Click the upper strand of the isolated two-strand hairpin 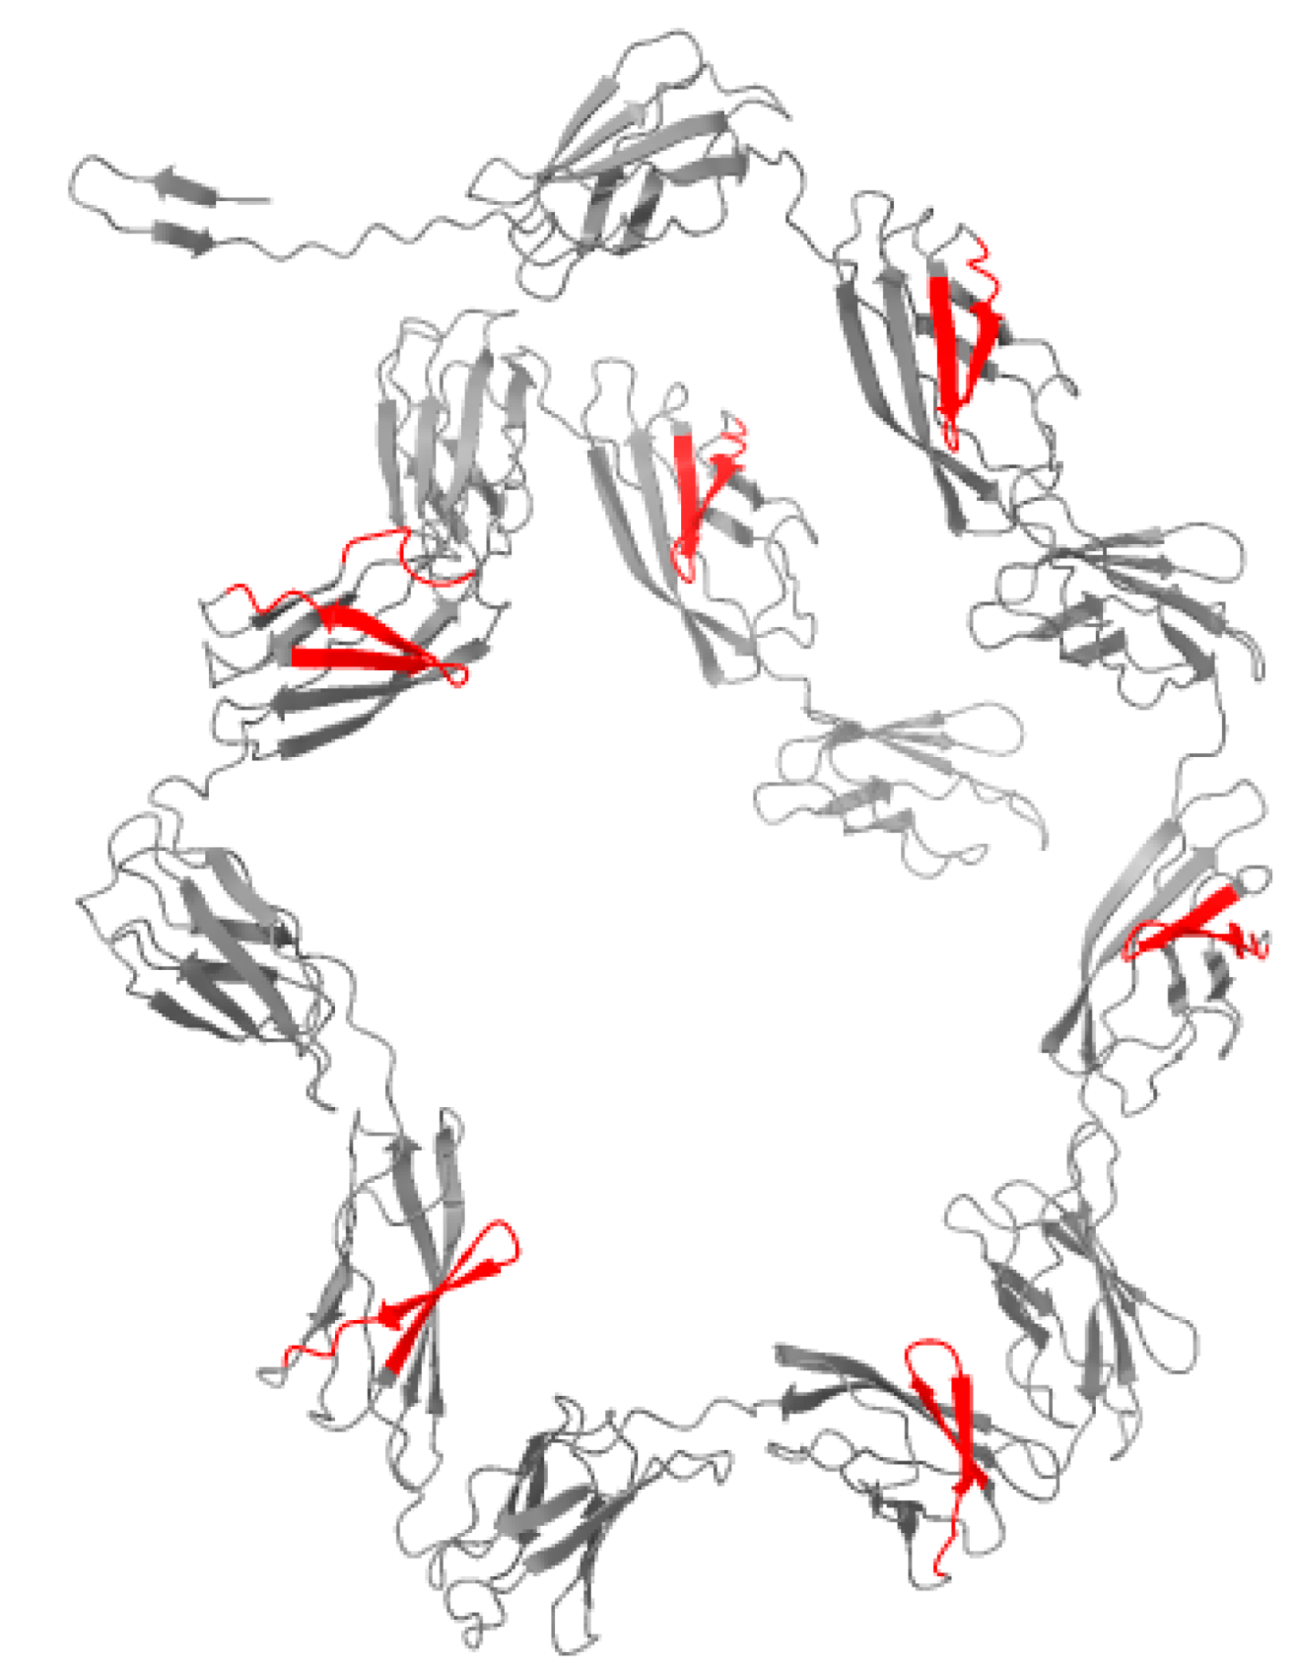click(x=187, y=186)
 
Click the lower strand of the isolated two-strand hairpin click(x=182, y=237)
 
